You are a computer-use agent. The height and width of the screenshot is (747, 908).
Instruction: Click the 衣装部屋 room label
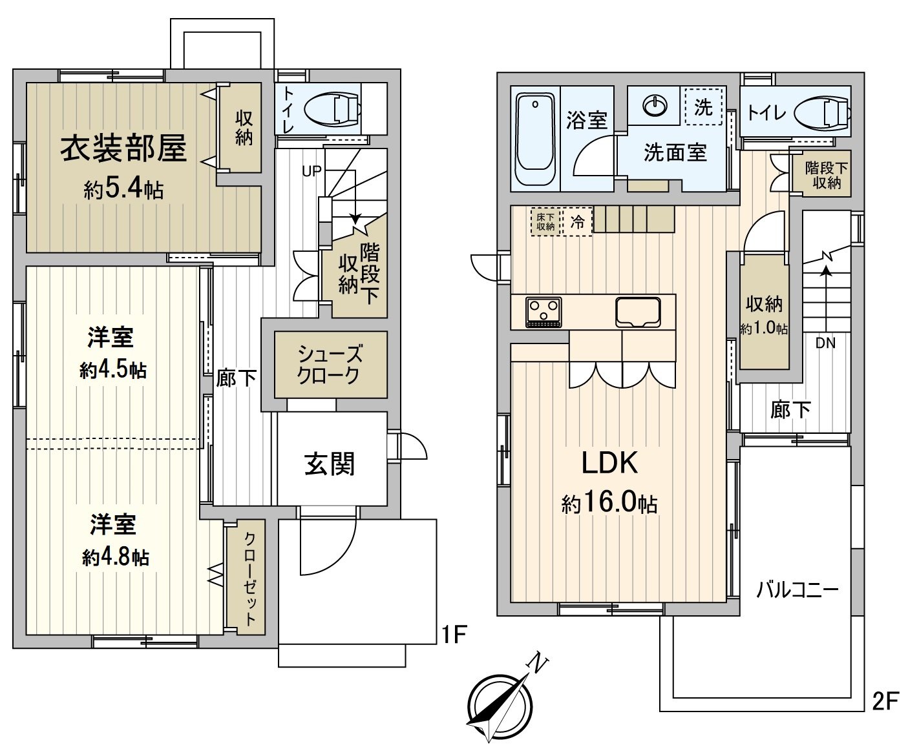(x=123, y=148)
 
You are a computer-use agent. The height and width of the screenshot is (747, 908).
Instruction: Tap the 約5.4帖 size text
(x=124, y=189)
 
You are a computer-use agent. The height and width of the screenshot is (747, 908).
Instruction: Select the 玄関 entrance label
(x=330, y=464)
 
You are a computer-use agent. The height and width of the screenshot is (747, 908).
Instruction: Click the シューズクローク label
(x=330, y=365)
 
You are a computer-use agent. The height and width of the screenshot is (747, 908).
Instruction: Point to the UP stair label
(x=311, y=171)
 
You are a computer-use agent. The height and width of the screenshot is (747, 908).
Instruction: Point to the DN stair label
(x=825, y=343)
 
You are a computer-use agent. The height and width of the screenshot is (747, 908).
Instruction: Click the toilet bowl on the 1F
(x=333, y=108)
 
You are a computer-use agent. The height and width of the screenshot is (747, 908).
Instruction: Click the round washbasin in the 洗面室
(x=655, y=106)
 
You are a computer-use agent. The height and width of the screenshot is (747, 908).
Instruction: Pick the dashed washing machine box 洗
(x=703, y=107)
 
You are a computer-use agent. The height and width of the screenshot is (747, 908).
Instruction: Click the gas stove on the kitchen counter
(x=544, y=312)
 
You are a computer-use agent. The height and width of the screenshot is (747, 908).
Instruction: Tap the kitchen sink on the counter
(x=638, y=312)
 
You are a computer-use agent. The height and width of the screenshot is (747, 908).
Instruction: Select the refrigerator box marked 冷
(x=578, y=222)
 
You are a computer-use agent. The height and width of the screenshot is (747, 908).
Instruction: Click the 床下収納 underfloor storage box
(x=545, y=222)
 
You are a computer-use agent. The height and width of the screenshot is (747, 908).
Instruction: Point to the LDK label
(x=609, y=463)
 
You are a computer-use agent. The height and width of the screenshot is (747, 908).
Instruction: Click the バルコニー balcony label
(x=797, y=589)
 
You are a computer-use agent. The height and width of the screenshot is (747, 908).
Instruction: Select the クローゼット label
(x=250, y=576)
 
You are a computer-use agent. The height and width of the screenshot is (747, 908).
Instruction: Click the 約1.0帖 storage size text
(x=764, y=329)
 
